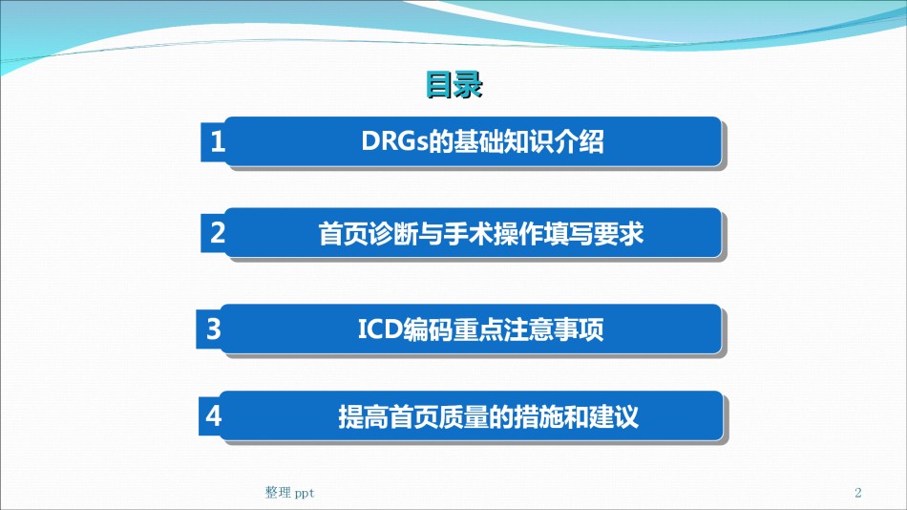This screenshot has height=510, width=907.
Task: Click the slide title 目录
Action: [453, 85]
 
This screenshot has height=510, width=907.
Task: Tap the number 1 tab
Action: [215, 142]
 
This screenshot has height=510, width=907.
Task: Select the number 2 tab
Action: [215, 233]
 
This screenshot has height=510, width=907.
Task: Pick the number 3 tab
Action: [212, 329]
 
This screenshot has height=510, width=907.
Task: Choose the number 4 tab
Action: [213, 415]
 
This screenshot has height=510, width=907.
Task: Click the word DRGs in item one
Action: [394, 141]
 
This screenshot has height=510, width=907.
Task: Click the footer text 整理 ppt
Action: [289, 493]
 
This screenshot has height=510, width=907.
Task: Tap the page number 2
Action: [858, 493]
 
